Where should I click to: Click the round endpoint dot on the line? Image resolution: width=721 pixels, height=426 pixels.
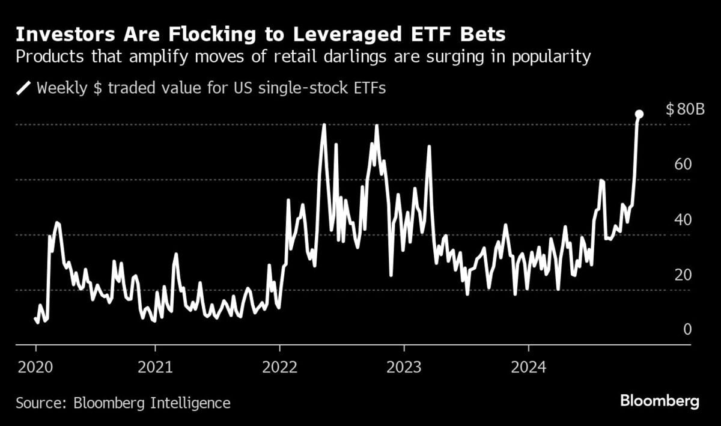pos(639,114)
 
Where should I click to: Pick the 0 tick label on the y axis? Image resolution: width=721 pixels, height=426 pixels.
pos(687,330)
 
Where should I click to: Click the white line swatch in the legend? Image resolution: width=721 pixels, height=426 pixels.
pos(23,88)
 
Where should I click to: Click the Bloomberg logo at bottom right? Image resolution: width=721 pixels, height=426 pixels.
pos(660,401)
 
